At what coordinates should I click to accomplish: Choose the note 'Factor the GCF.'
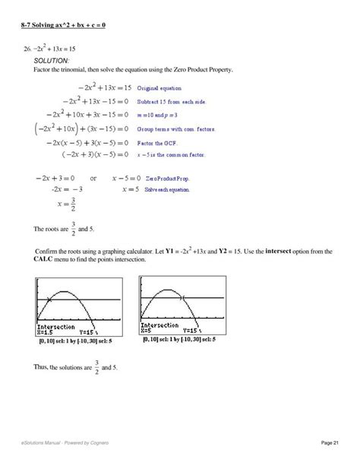tap(157, 142)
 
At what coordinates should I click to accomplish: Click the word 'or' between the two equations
tap(93, 178)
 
